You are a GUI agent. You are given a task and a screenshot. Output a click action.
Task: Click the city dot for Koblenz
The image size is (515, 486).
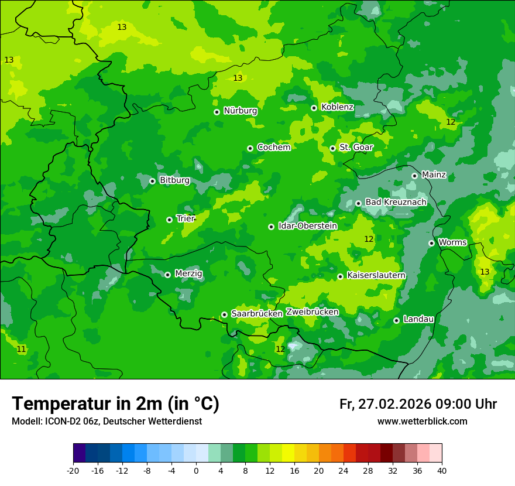[314, 108]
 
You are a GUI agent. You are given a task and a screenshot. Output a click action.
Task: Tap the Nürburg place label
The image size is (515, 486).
[240, 111]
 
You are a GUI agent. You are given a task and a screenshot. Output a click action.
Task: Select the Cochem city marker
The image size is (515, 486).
[250, 148]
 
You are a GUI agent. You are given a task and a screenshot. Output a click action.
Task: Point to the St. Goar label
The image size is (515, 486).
[356, 147]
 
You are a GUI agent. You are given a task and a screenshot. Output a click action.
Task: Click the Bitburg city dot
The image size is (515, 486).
[152, 181]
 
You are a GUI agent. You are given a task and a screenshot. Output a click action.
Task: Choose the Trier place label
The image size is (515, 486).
[185, 218]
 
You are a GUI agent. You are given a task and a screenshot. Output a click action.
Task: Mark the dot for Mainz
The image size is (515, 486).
[414, 176]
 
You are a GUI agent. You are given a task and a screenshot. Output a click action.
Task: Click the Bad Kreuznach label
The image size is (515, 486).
[396, 202]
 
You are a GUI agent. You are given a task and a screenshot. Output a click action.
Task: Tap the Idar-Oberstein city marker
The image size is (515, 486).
[271, 227]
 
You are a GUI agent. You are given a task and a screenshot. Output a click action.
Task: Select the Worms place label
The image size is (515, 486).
[452, 242]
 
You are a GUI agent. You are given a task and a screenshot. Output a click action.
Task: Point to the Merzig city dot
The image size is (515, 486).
[167, 275]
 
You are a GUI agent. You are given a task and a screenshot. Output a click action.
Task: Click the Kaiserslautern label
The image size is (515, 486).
[376, 275]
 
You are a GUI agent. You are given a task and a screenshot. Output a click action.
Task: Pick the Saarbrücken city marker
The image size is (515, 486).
[224, 314]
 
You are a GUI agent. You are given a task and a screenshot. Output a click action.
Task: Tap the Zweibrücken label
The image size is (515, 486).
[312, 312]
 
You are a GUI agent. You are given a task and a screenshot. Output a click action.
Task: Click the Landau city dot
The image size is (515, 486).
[396, 320]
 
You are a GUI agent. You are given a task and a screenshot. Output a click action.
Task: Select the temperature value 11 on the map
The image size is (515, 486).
[21, 349]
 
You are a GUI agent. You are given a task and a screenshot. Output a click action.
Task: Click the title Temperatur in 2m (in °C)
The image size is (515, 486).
[115, 404]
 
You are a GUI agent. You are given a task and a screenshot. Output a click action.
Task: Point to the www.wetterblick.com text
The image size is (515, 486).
[422, 422]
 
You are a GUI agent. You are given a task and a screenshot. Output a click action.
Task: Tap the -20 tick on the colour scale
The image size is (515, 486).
[73, 471]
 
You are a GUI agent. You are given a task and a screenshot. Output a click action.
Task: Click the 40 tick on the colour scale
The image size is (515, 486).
[442, 471]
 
